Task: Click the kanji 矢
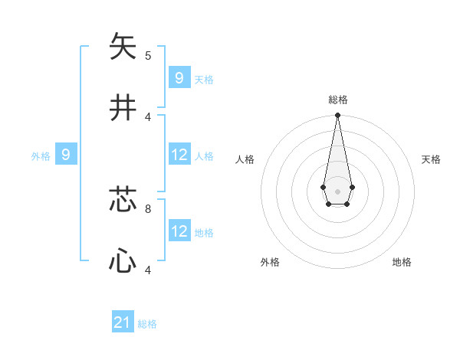pos(123,46)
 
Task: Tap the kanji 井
pos(123,107)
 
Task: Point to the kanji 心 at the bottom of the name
pos(123,262)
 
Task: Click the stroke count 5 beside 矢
pos(148,55)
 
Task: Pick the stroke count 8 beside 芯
pos(148,208)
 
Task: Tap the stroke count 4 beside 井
pos(148,116)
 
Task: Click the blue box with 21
pos(123,323)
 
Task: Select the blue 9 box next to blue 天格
pos(179,77)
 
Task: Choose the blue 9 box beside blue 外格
pos(66,155)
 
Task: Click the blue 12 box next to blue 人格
pos(179,155)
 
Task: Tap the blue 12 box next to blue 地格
pos(179,231)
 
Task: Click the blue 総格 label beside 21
pos(147,324)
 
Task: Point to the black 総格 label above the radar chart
pos(337,100)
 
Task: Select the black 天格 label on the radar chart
pos(431,159)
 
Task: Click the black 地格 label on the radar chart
pos(402,262)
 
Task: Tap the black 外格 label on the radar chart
pos(270,262)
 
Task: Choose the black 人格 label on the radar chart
pos(245,159)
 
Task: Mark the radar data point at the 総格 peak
pos(337,115)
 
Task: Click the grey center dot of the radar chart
pos(337,191)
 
